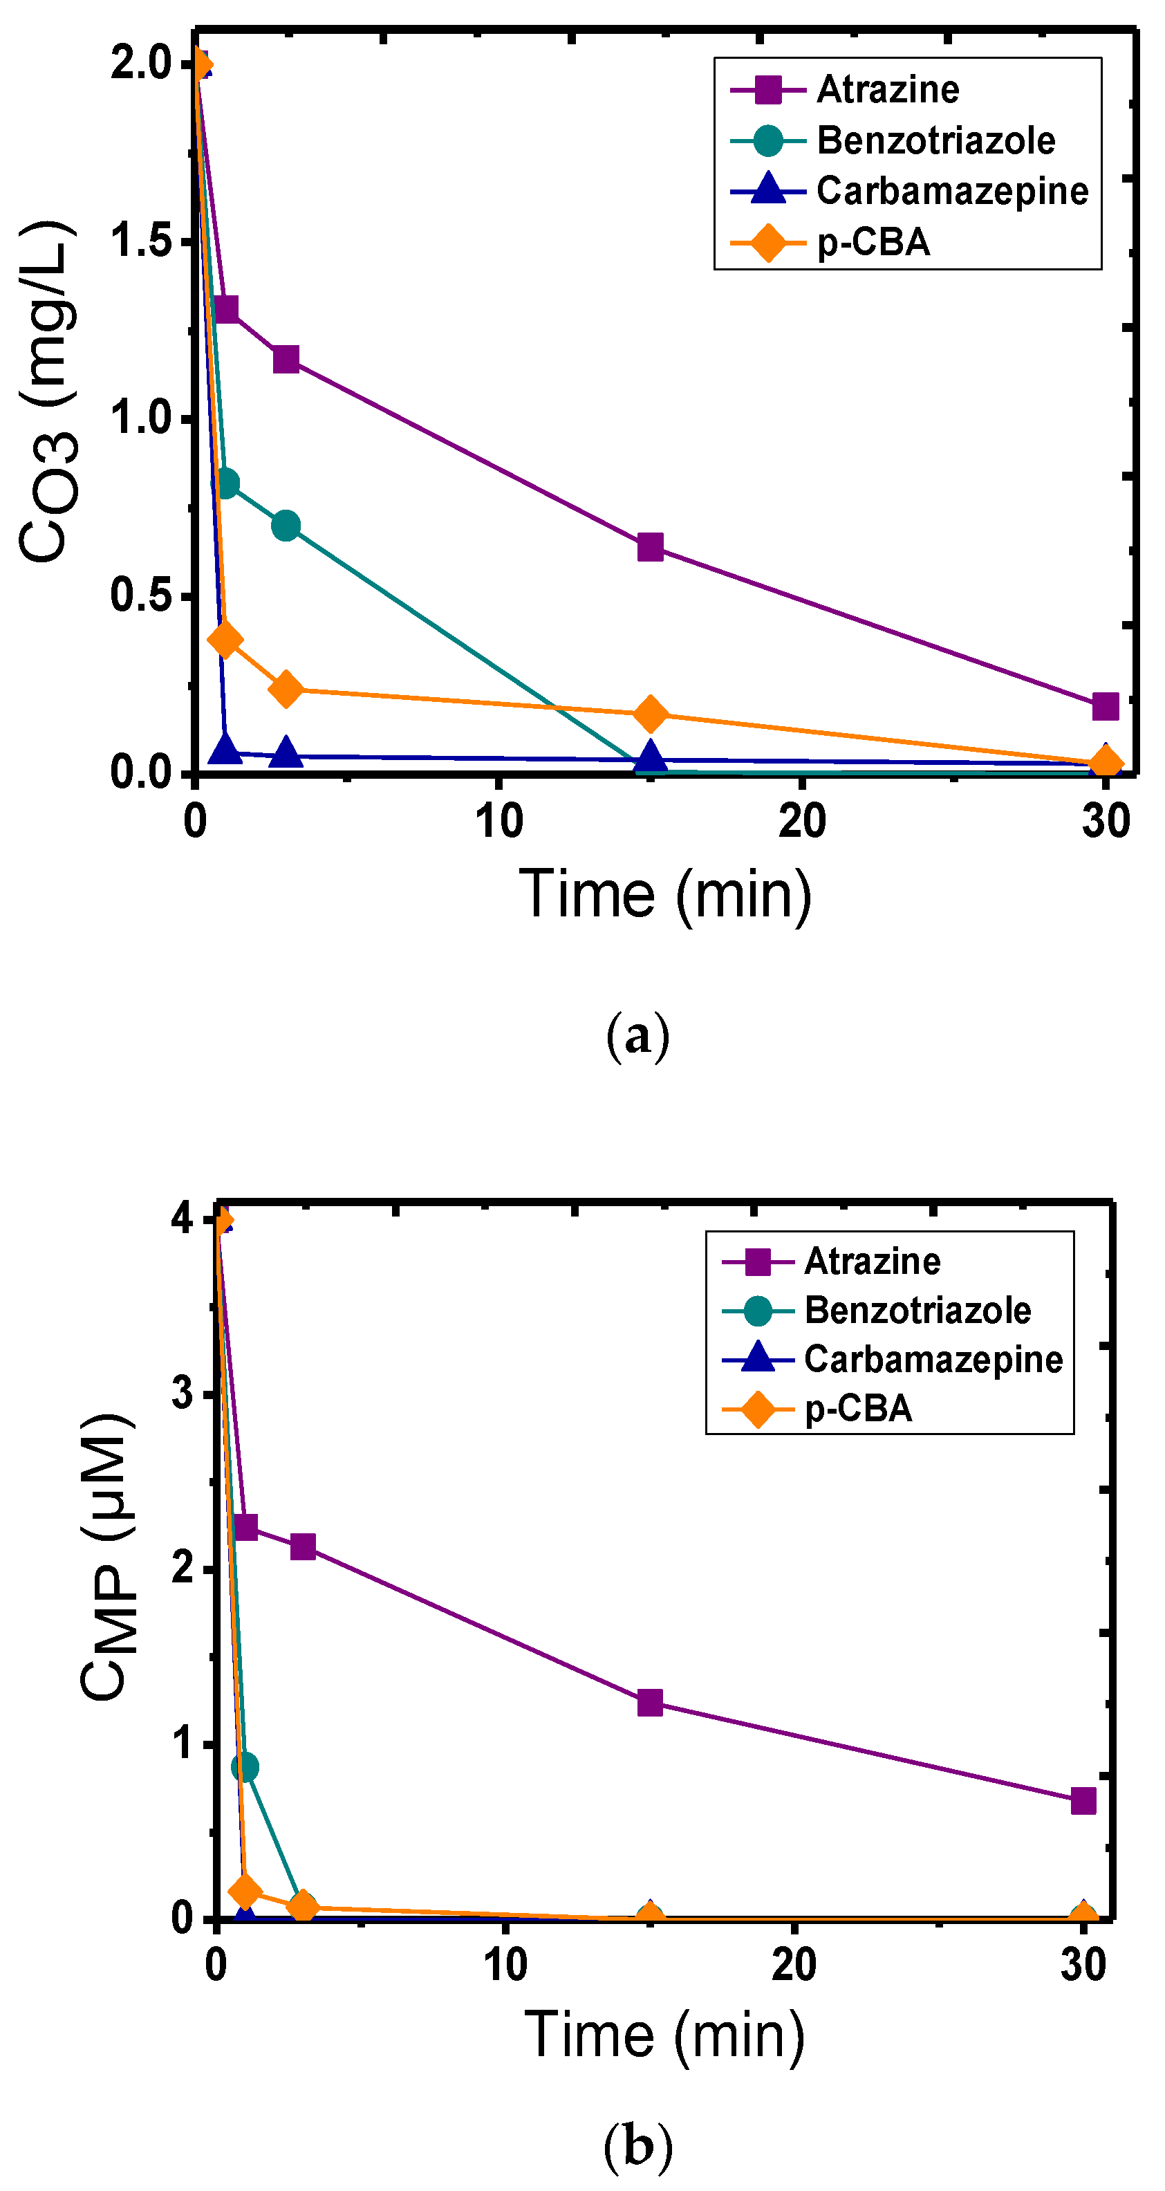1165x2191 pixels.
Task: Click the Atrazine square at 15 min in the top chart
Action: coord(650,547)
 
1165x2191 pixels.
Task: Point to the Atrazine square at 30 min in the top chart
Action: coord(1105,705)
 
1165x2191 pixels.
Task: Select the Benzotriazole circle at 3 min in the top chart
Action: coord(286,526)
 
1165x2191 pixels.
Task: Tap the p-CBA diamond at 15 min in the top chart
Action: coord(650,713)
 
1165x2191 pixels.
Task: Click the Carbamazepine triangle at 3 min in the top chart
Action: coord(286,752)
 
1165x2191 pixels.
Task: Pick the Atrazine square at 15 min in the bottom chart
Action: coord(650,1702)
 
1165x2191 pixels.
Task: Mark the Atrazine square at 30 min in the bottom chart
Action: coord(1083,1801)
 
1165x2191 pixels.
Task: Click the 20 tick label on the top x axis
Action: coord(801,822)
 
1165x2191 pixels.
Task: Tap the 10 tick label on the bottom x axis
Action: coord(505,1966)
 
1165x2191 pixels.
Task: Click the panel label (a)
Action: coord(637,1035)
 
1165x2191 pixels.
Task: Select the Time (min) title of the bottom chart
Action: coord(664,2035)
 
